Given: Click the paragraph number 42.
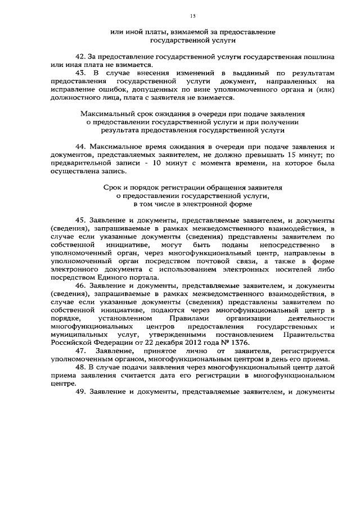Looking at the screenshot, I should coord(81,57).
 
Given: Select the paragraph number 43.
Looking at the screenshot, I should coord(81,73).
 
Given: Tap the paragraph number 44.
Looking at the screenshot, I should coord(81,145).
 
